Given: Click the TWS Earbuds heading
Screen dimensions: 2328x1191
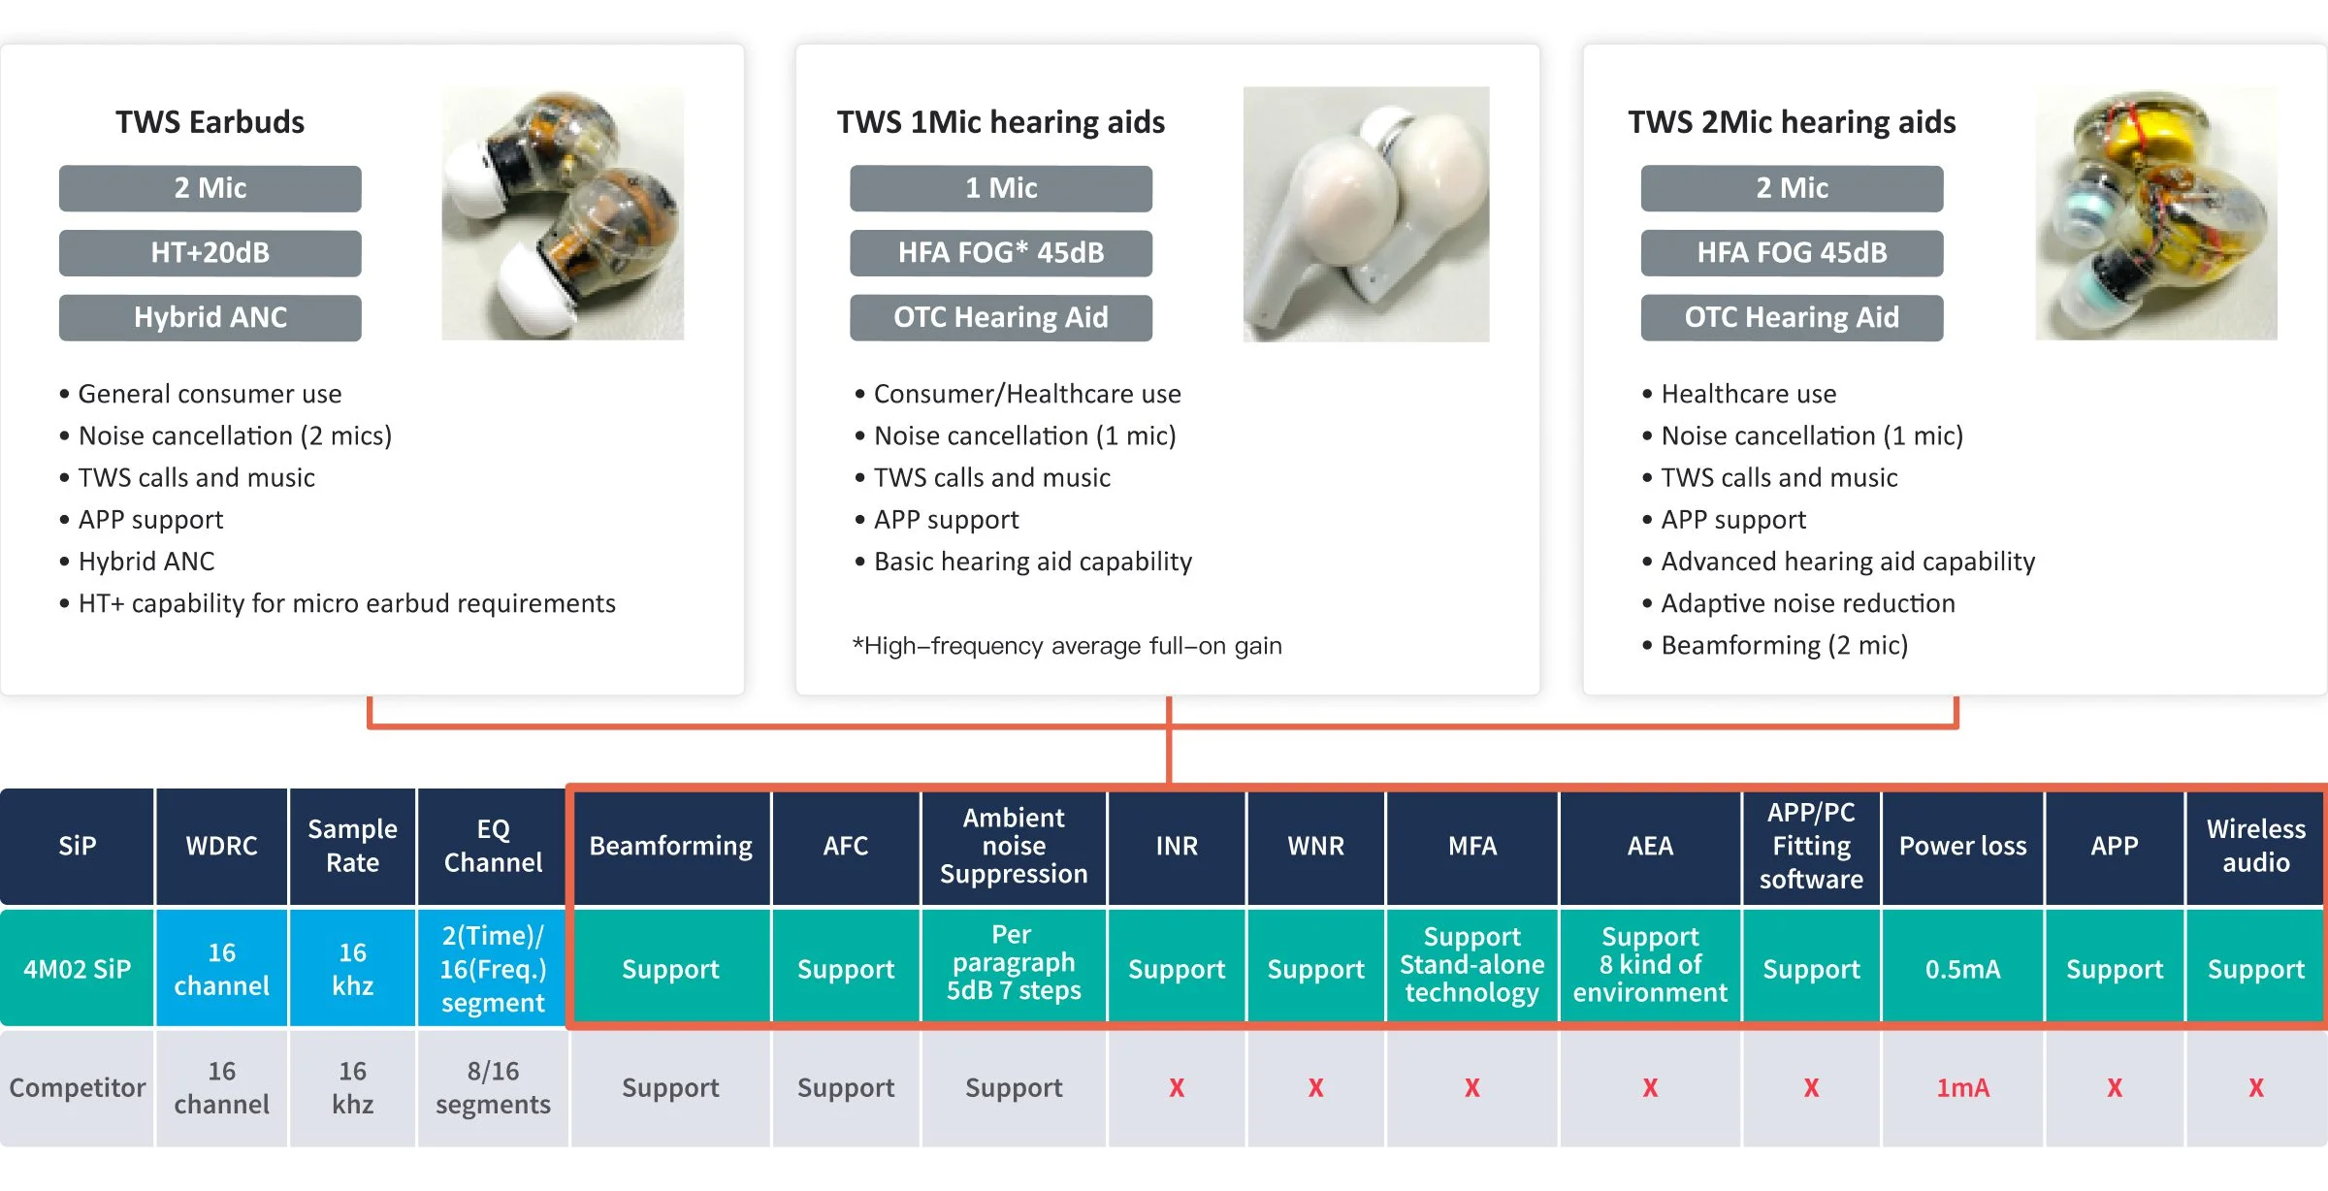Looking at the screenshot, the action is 210,122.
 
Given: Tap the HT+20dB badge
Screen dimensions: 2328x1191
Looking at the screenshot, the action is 210,253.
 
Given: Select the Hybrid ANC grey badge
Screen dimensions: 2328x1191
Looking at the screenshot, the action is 210,318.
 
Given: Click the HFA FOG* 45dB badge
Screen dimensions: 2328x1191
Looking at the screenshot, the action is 1001,253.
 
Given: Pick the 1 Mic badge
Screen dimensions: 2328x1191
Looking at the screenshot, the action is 1001,188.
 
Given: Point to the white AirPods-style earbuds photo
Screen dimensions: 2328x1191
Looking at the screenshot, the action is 1366,214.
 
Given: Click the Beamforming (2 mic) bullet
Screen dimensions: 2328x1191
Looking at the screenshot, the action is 1775,645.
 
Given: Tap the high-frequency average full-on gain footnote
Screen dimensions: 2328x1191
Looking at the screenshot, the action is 1067,646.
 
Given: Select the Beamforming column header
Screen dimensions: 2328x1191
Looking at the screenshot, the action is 670,847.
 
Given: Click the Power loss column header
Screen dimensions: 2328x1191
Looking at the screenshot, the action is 1962,847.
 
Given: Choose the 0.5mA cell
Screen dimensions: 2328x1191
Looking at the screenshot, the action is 1962,969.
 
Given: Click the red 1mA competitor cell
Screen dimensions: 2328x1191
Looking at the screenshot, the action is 1962,1088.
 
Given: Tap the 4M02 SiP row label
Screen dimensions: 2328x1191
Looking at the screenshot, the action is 77,969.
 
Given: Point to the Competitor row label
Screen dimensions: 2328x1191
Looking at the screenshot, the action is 77,1088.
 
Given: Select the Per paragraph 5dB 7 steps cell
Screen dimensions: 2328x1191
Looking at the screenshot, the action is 1014,963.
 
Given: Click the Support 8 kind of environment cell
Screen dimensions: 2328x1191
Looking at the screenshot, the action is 1650,965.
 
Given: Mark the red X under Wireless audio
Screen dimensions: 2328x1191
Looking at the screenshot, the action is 2256,1088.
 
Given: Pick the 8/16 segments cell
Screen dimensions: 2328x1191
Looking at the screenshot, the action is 493,1088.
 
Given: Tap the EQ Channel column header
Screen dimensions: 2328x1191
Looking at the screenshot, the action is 493,847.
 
